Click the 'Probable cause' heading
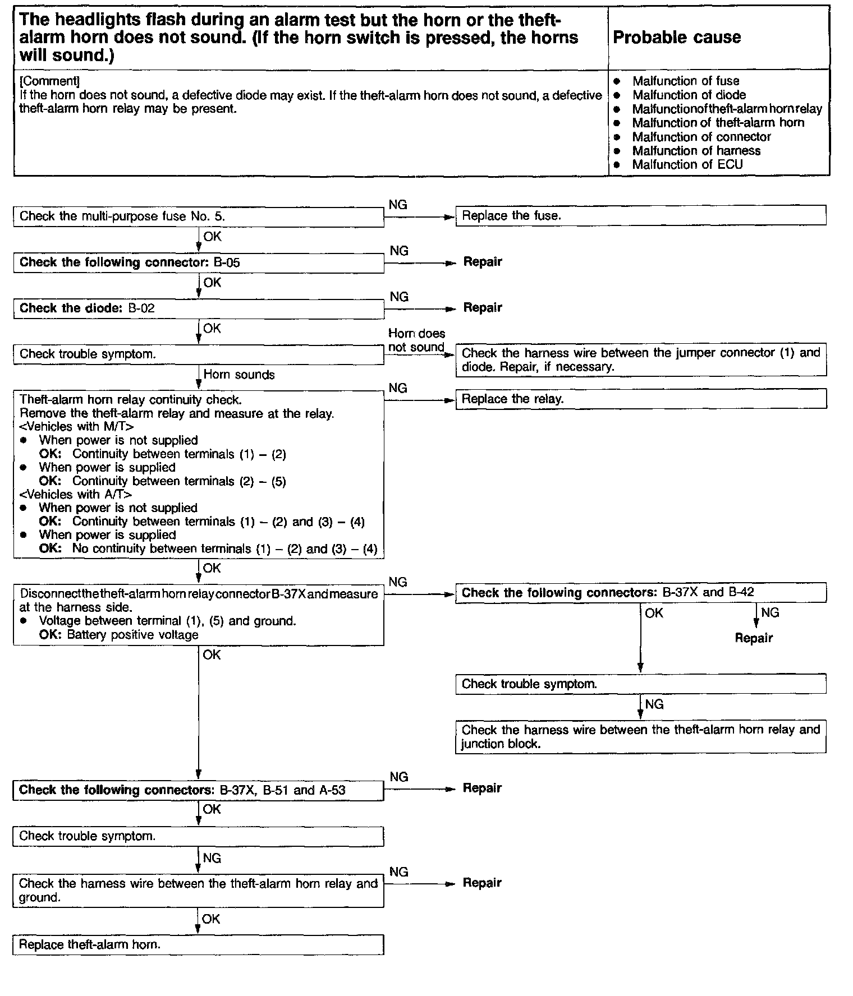tap(676, 38)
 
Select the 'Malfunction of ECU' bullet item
tap(687, 165)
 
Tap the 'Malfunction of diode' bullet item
tap(689, 95)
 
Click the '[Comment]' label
tap(49, 81)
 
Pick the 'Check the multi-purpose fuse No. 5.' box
tap(198, 217)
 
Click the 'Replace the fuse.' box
tap(640, 216)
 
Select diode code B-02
tap(141, 308)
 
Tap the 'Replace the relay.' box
tap(640, 399)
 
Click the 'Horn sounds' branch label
tap(239, 375)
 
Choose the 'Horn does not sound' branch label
tap(416, 340)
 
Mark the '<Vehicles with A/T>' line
tap(76, 495)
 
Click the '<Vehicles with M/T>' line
tap(76, 427)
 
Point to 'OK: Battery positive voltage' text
tap(119, 635)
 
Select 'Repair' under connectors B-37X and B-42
tap(754, 638)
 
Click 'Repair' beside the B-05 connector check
tap(483, 262)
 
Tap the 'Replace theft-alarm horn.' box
tap(198, 944)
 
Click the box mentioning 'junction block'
tap(640, 737)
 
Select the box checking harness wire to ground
tap(198, 891)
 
